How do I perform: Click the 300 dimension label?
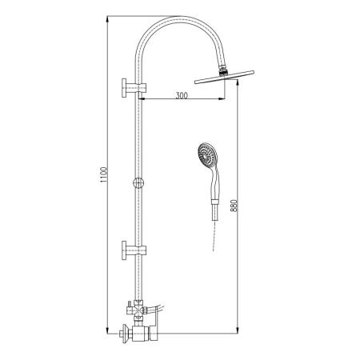(x=182, y=95)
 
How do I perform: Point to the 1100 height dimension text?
(x=103, y=174)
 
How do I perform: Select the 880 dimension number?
(x=234, y=206)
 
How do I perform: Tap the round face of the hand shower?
(x=207, y=154)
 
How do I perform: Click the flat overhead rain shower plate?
(x=224, y=77)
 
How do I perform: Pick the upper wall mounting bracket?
(x=134, y=88)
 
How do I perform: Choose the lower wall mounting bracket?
(x=134, y=250)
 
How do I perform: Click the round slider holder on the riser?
(x=138, y=182)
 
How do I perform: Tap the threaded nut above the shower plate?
(x=222, y=71)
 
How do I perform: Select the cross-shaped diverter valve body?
(x=138, y=310)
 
